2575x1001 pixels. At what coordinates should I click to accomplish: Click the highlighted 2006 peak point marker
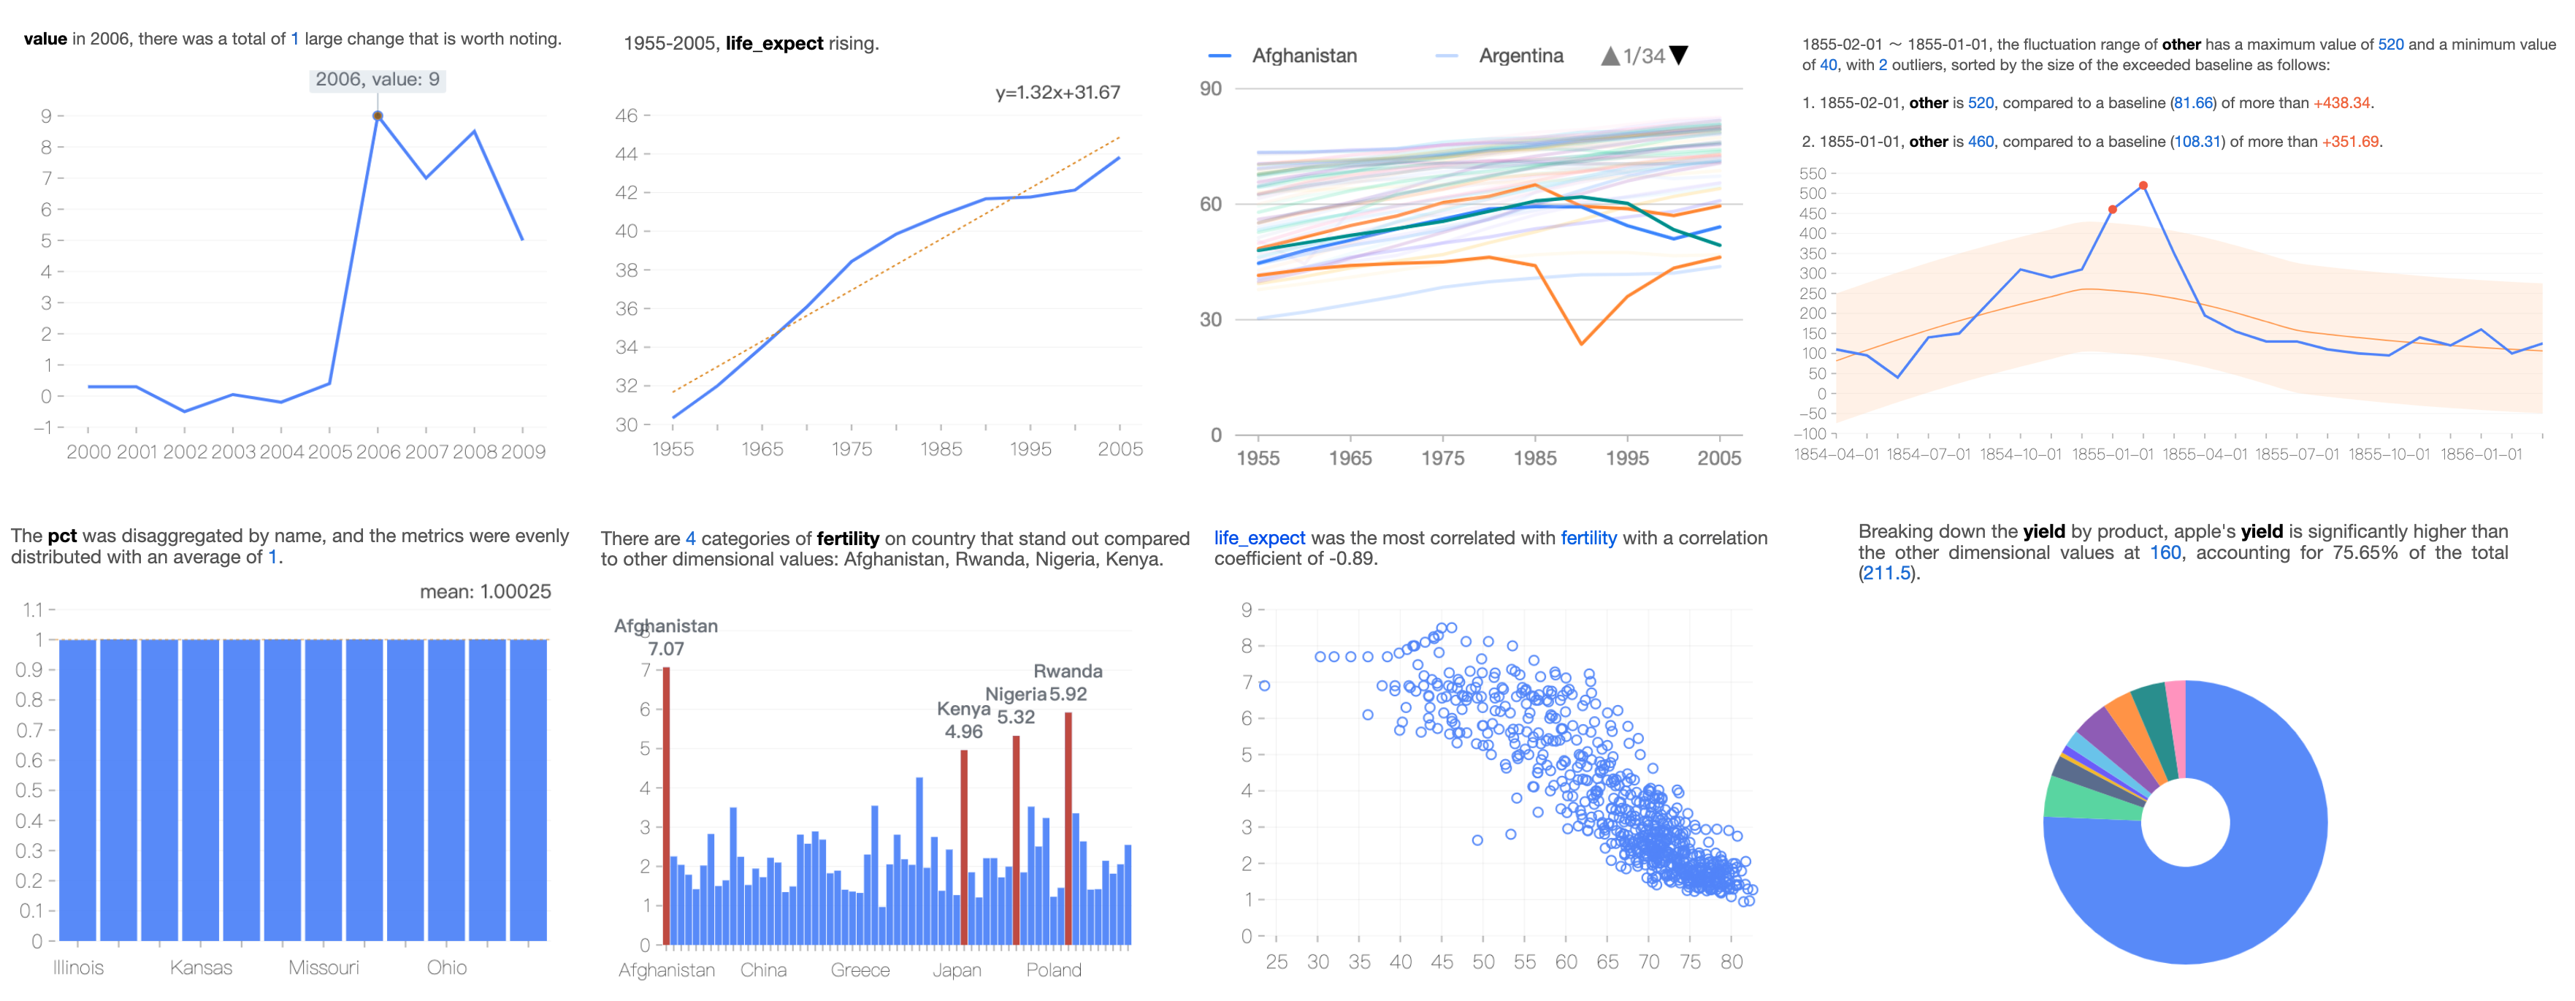pos(377,116)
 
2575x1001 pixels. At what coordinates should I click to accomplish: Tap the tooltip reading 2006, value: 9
pos(377,79)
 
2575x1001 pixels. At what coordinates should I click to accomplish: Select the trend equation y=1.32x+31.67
pos(1057,92)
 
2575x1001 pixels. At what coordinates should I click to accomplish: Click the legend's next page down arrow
pos(1680,55)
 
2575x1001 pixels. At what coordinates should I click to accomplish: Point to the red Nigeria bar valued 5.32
pos(1016,840)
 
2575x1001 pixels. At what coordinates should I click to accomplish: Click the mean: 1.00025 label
pos(485,592)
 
